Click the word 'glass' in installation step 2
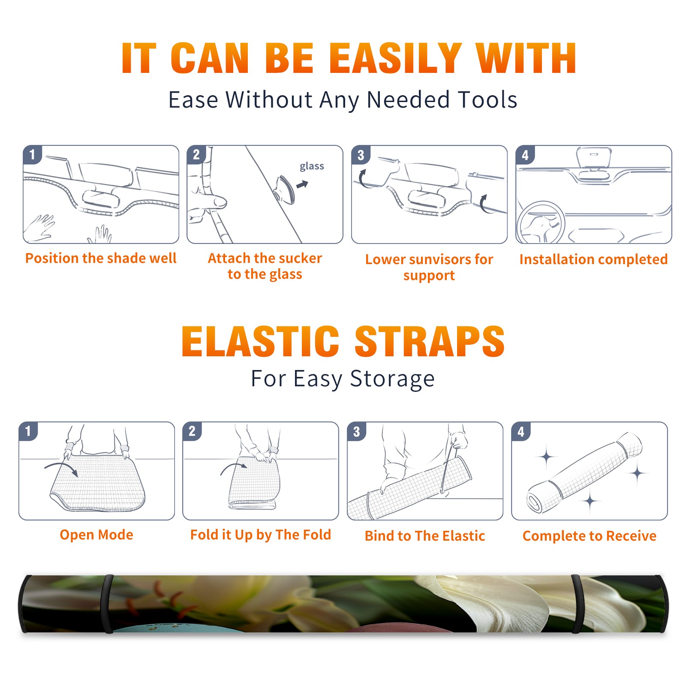[x=312, y=166]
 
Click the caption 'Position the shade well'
[x=101, y=258]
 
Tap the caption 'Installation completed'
[x=593, y=259]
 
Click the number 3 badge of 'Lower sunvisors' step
[x=361, y=155]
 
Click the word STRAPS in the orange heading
[x=430, y=341]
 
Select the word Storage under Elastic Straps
[x=392, y=379]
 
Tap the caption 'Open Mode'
[x=96, y=535]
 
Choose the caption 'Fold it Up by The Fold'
[x=261, y=535]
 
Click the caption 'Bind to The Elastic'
[x=425, y=536]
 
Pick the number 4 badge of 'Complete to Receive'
[x=521, y=431]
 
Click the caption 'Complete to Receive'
[x=590, y=536]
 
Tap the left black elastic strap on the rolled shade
[x=108, y=604]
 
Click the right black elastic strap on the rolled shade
[x=577, y=604]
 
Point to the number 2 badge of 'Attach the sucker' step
[x=196, y=155]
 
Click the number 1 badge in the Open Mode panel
[x=28, y=431]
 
